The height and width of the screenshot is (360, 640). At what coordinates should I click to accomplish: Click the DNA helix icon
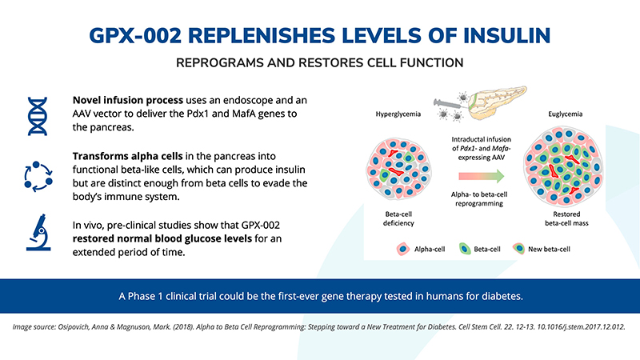[x=38, y=114]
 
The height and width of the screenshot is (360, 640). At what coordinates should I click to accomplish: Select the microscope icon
[x=38, y=231]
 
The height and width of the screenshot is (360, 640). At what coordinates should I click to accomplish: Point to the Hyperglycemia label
[x=399, y=114]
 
